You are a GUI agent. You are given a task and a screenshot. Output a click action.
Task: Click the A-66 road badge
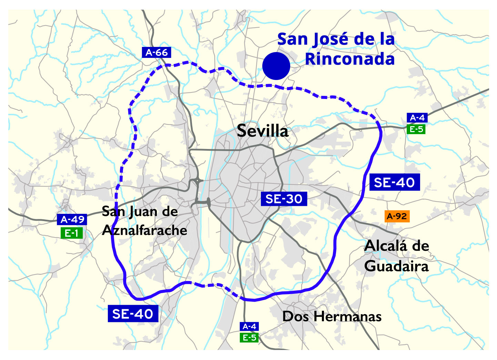click(x=156, y=52)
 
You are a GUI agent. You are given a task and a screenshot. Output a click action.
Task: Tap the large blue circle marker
click(x=276, y=66)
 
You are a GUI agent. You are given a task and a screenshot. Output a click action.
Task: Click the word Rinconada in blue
click(x=349, y=59)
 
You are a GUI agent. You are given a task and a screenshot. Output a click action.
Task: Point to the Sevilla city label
click(x=263, y=131)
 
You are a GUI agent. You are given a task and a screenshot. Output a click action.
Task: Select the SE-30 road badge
click(x=284, y=199)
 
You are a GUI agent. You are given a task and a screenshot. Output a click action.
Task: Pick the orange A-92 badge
click(x=397, y=216)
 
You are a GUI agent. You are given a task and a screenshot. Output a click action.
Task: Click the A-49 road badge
click(x=72, y=219)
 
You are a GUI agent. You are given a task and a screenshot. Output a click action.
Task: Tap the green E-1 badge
click(x=71, y=233)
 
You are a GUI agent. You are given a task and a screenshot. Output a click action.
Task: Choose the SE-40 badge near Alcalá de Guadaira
click(x=394, y=182)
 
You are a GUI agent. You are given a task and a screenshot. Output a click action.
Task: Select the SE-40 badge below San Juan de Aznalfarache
click(x=133, y=314)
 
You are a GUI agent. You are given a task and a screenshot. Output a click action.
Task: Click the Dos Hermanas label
click(x=332, y=317)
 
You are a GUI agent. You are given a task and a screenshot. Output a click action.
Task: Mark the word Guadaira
click(x=396, y=266)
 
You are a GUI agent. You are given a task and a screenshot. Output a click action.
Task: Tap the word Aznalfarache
click(x=145, y=230)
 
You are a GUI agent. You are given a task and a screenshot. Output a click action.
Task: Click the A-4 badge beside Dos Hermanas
click(x=249, y=326)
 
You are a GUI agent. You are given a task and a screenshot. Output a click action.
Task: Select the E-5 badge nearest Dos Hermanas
click(x=249, y=337)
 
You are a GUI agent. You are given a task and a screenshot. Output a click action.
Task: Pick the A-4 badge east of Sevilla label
click(x=417, y=118)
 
